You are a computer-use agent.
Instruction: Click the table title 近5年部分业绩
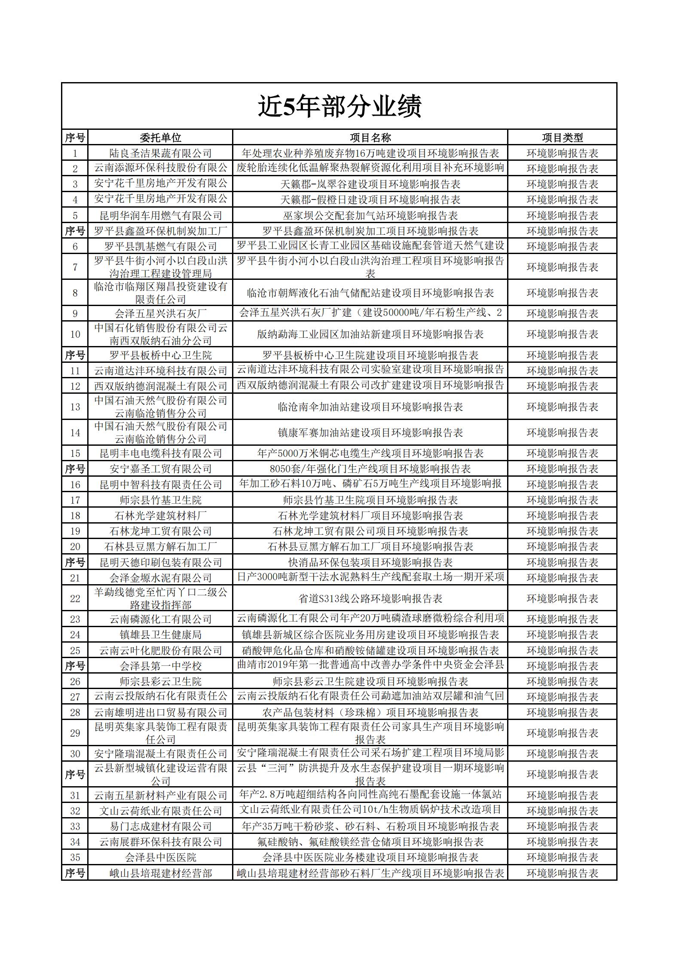pyautogui.click(x=339, y=106)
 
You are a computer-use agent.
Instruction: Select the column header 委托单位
pyautogui.click(x=160, y=138)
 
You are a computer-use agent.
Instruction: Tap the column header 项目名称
pyautogui.click(x=370, y=138)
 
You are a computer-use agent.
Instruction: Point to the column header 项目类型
pyautogui.click(x=562, y=138)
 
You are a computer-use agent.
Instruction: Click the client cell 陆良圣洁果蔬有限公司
pyautogui.click(x=160, y=153)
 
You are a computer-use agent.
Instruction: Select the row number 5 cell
pyautogui.click(x=75, y=215)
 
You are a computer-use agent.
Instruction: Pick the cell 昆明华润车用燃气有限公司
pyautogui.click(x=160, y=215)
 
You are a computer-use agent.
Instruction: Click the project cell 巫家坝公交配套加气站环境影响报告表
pyautogui.click(x=370, y=215)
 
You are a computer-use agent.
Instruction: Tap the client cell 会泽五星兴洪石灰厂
pyautogui.click(x=160, y=313)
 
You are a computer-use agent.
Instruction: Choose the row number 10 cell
pyautogui.click(x=75, y=334)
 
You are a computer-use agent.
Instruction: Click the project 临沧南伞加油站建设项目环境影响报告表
pyautogui.click(x=370, y=407)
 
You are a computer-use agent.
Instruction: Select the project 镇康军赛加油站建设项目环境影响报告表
pyautogui.click(x=370, y=432)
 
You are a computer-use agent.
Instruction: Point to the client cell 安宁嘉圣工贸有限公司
pyautogui.click(x=160, y=469)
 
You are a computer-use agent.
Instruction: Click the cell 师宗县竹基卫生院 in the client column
pyautogui.click(x=160, y=500)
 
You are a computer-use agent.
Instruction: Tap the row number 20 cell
pyautogui.click(x=75, y=546)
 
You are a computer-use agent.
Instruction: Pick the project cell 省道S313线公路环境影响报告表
pyautogui.click(x=370, y=598)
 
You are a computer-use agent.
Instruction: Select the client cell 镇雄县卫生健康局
pyautogui.click(x=160, y=634)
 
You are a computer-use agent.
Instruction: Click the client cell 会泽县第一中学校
pyautogui.click(x=160, y=666)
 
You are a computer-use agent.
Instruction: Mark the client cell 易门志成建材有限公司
pyautogui.click(x=160, y=826)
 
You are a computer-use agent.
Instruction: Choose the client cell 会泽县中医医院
pyautogui.click(x=160, y=857)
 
